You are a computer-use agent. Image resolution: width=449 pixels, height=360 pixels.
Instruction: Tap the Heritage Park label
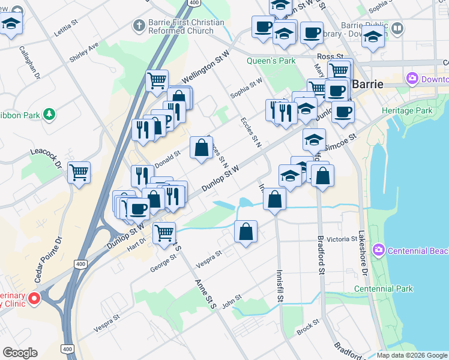tap(410, 111)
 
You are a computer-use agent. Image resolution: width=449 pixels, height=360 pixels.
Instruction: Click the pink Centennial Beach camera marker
tap(379, 250)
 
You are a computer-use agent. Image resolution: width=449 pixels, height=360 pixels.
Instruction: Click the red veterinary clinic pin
tap(34, 298)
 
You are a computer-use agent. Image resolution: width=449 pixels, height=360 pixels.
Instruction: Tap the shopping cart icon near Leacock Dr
tap(79, 172)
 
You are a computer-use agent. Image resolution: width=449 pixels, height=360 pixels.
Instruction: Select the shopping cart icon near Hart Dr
tap(164, 232)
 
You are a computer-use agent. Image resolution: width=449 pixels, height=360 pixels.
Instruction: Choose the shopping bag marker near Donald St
tap(201, 147)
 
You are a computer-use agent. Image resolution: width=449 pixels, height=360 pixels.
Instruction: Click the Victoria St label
tap(342, 239)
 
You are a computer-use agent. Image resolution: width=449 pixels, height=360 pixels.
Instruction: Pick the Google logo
tap(20, 353)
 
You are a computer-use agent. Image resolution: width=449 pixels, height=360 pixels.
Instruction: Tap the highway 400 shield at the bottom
tap(67, 349)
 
